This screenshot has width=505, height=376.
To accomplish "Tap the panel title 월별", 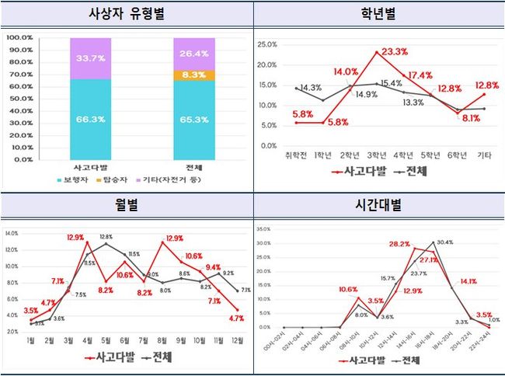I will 127,207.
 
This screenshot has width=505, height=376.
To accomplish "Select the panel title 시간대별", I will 378,207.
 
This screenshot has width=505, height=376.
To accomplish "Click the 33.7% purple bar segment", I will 90,58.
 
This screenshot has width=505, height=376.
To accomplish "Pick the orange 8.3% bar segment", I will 193,75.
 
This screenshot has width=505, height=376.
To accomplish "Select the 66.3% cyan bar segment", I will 90,119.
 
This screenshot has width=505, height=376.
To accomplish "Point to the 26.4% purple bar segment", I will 193,54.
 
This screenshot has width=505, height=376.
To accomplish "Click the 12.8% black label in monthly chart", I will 106,237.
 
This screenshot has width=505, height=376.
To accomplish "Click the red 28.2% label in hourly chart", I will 399,244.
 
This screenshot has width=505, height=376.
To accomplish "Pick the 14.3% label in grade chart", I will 311,87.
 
